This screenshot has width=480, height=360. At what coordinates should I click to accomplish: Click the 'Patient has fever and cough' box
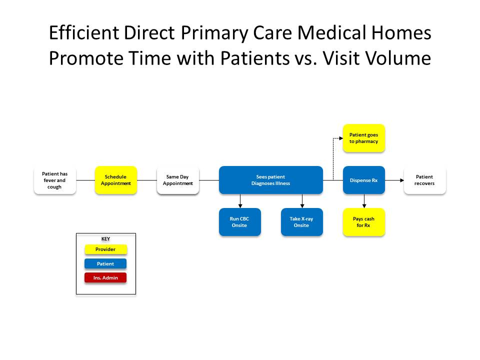coord(55,180)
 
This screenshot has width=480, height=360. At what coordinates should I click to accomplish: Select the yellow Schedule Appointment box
coord(116,180)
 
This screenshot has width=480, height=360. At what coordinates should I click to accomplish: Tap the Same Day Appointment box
coord(177,180)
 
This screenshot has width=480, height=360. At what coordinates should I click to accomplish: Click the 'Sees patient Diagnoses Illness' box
coord(270,180)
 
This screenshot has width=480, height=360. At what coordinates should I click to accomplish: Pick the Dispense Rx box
coord(363,180)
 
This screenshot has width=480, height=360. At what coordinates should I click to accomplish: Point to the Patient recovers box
coord(424,180)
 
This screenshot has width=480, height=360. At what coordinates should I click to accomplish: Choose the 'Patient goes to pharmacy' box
coord(363,138)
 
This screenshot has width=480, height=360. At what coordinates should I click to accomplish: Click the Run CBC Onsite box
coord(239,222)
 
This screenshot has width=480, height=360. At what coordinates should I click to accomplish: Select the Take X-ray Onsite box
coord(301,222)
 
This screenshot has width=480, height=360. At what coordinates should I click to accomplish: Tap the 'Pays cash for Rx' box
coord(363,222)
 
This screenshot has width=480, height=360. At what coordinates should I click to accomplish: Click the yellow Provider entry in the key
coord(105,249)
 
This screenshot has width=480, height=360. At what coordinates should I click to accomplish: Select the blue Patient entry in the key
coord(105,263)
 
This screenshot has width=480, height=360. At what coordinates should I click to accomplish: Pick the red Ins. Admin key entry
coord(105,277)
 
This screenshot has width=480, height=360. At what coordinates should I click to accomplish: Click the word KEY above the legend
coord(105,239)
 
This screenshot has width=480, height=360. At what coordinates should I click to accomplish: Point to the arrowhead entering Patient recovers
coord(401,180)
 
